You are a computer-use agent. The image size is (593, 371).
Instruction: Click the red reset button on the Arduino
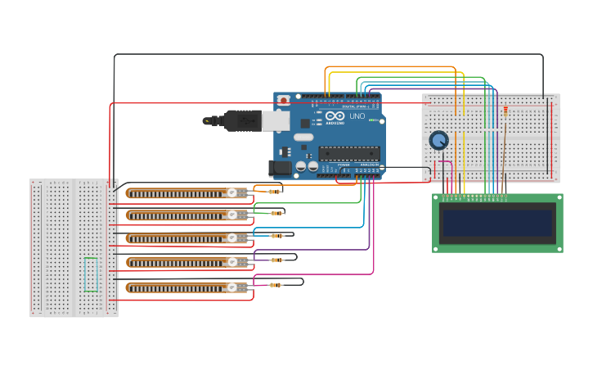pyautogui.click(x=283, y=101)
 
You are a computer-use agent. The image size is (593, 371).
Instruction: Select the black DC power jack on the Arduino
pyautogui.click(x=281, y=168)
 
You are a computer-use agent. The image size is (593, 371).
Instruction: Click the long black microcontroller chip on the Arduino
pyautogui.click(x=349, y=153)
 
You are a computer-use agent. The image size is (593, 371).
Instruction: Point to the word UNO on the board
pyautogui.click(x=357, y=116)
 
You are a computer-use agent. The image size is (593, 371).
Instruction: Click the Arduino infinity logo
pyautogui.click(x=335, y=115)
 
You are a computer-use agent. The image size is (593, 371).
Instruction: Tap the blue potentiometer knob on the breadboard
pyautogui.click(x=439, y=141)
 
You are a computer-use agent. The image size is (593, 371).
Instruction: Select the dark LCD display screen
pyautogui.click(x=497, y=223)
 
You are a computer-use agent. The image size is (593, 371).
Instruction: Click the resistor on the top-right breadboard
pyautogui.click(x=505, y=111)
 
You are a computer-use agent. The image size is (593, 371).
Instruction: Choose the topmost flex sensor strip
pyautogui.click(x=180, y=193)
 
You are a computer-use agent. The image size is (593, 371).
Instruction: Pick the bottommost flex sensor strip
pyautogui.click(x=180, y=287)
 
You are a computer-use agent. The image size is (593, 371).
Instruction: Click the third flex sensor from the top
pyautogui.click(x=180, y=238)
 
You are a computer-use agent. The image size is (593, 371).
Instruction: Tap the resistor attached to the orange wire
pyautogui.click(x=275, y=192)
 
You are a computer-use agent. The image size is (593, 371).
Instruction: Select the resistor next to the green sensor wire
pyautogui.click(x=277, y=214)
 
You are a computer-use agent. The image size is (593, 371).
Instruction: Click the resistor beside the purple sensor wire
pyautogui.click(x=277, y=260)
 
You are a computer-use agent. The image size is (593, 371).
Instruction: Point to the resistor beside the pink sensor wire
pyautogui.click(x=276, y=285)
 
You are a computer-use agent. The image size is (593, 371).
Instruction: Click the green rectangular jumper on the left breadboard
pyautogui.click(x=91, y=274)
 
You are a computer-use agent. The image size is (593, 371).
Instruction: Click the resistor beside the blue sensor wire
pyautogui.click(x=277, y=236)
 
